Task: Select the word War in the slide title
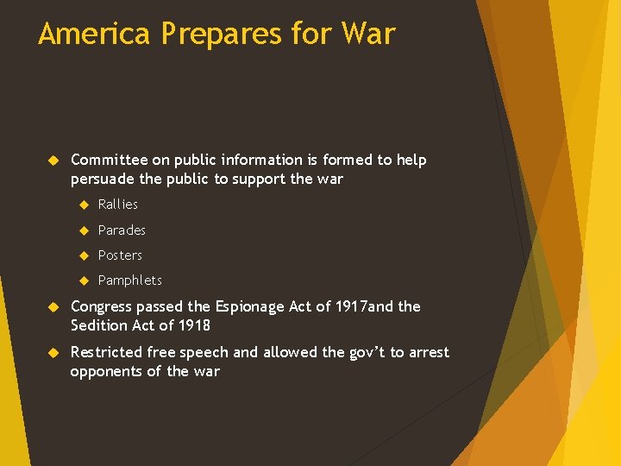pyautogui.click(x=367, y=34)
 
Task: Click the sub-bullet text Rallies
pyautogui.click(x=118, y=205)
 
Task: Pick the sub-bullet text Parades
pyautogui.click(x=122, y=230)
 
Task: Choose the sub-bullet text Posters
pyautogui.click(x=120, y=255)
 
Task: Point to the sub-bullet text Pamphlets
pyautogui.click(x=129, y=280)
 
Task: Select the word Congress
pyautogui.click(x=103, y=307)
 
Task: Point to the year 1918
pyautogui.click(x=193, y=326)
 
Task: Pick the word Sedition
pyautogui.click(x=99, y=326)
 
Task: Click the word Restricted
pyautogui.click(x=106, y=352)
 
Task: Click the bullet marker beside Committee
pyautogui.click(x=51, y=161)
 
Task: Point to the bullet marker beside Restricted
pyautogui.click(x=51, y=353)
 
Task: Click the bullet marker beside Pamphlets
pyautogui.click(x=84, y=280)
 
